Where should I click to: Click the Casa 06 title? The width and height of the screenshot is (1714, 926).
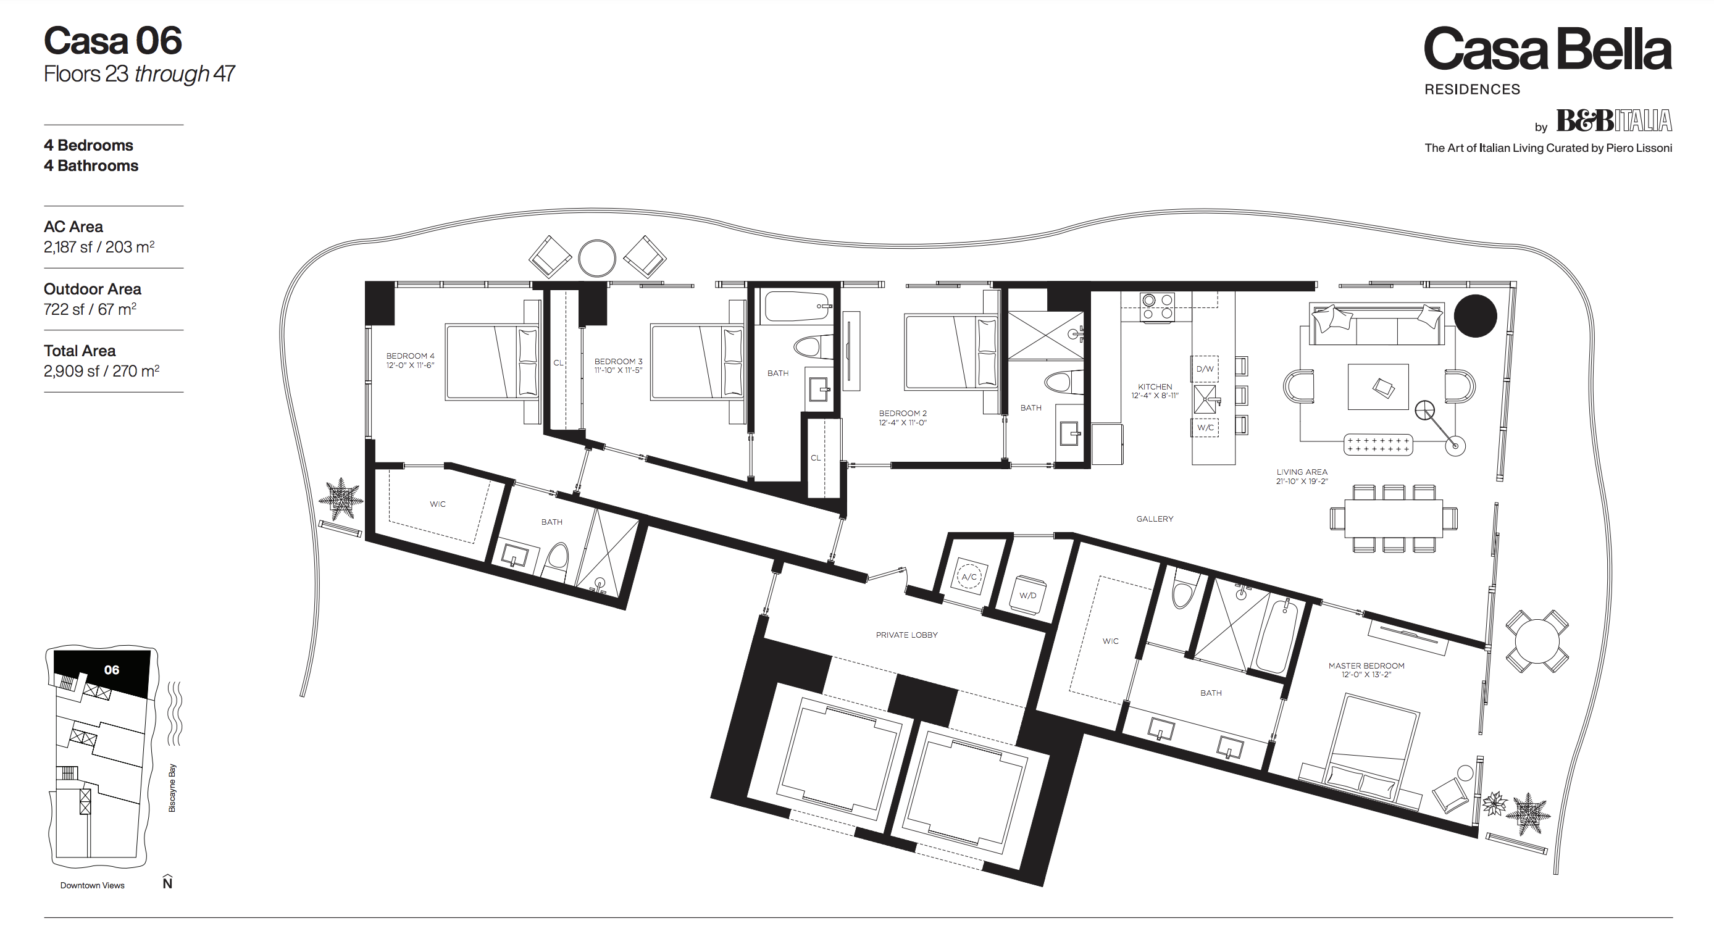(x=112, y=41)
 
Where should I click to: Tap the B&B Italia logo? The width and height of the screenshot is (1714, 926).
(x=1613, y=120)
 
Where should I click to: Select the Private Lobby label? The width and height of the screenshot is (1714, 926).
(x=906, y=635)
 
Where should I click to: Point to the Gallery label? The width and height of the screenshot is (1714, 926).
(x=1155, y=519)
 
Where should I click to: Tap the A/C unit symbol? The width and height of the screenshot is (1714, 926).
(x=969, y=577)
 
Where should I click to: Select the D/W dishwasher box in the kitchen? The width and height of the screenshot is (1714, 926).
(x=1205, y=369)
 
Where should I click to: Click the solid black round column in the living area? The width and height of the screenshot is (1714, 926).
(x=1475, y=316)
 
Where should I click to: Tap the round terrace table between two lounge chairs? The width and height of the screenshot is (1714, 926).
(x=597, y=258)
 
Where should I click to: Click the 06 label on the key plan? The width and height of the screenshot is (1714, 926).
(x=112, y=670)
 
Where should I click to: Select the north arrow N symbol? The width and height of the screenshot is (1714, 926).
(x=168, y=882)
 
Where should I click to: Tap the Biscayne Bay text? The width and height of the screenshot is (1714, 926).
(x=172, y=788)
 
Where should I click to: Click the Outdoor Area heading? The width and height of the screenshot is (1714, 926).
(x=93, y=289)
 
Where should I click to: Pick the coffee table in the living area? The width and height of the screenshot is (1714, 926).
(x=1378, y=386)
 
